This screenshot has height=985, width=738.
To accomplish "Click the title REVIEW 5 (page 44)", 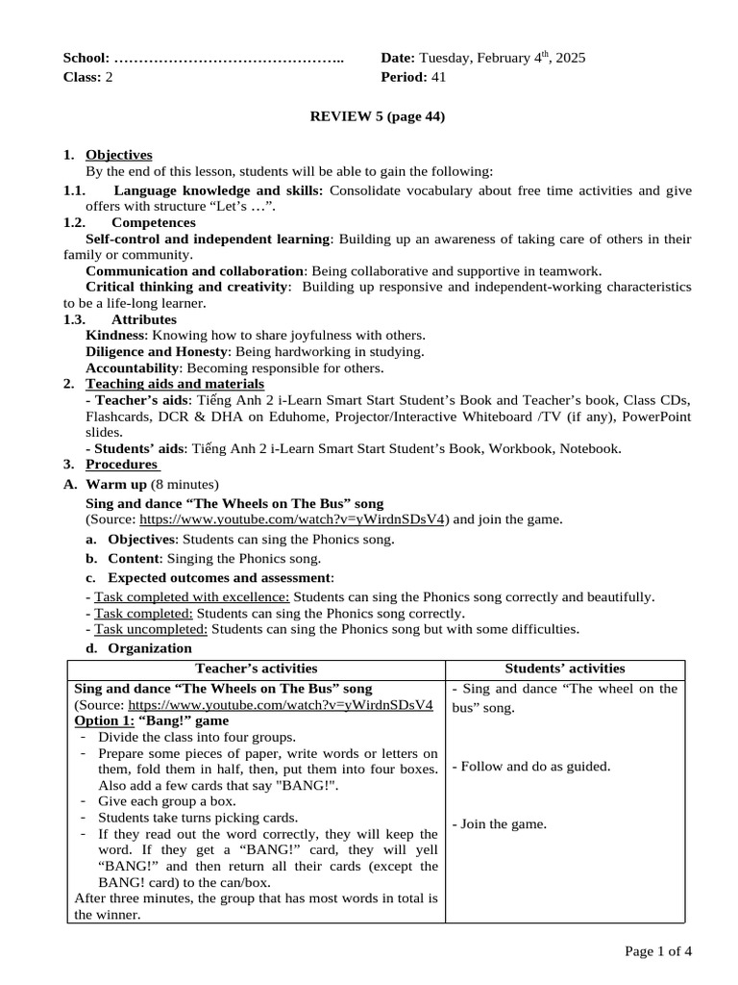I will point(377,116).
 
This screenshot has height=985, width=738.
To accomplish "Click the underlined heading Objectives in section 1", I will point(118,154).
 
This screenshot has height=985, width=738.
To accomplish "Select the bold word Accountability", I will point(133,367).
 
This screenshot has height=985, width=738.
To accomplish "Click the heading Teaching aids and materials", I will point(161,384).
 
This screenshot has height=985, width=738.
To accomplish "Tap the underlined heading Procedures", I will point(122,465).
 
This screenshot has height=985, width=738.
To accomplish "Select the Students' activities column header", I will point(565,669).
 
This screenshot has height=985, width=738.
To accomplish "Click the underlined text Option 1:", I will point(105,720).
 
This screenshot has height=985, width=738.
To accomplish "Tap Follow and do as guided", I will point(530,766).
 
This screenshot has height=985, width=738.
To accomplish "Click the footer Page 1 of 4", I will point(657,951).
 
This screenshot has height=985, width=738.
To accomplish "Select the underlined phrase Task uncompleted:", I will point(151,629).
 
